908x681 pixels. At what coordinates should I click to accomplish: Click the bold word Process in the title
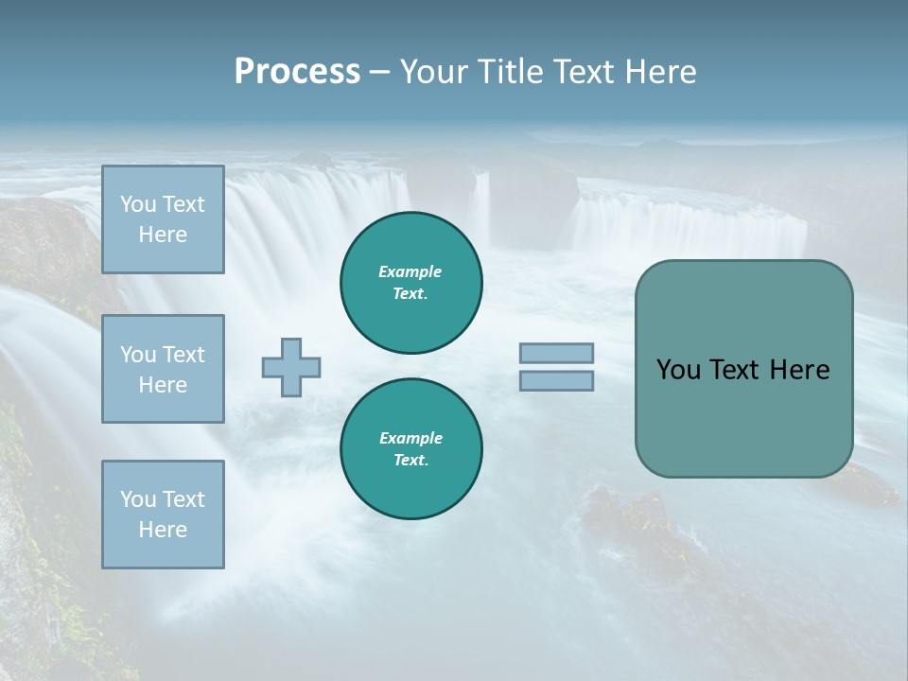click(297, 72)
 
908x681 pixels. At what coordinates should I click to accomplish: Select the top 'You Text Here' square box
click(163, 219)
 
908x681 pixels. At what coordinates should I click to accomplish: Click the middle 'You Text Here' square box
click(163, 369)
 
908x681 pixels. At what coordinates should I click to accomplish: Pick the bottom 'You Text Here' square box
click(163, 515)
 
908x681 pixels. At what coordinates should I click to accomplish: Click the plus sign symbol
click(291, 367)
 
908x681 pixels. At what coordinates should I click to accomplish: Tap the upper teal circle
click(410, 283)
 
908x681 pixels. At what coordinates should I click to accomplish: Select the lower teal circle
click(410, 449)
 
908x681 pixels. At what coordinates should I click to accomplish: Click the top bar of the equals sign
click(556, 353)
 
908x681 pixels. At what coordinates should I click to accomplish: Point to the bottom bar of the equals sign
click(556, 381)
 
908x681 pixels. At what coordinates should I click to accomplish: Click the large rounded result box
click(743, 369)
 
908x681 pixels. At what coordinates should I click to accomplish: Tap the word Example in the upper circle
click(410, 271)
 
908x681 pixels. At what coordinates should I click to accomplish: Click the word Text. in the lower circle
click(410, 461)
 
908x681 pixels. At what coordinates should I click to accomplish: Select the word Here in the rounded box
click(799, 370)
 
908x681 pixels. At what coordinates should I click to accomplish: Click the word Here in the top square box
click(163, 235)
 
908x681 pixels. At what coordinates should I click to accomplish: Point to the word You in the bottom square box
click(138, 499)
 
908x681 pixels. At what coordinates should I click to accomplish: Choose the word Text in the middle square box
click(183, 355)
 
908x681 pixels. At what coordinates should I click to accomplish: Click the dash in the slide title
click(379, 72)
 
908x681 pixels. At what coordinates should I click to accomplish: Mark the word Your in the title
click(436, 72)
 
